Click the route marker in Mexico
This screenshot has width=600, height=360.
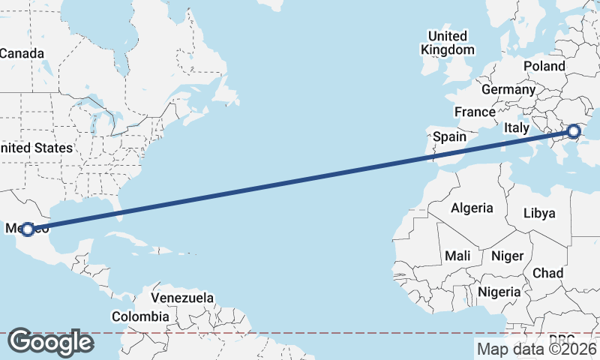point(27,229)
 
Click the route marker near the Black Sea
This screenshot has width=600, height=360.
point(574,131)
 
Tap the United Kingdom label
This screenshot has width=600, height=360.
point(448,43)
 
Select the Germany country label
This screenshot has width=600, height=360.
point(508,89)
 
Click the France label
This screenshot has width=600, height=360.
point(475,112)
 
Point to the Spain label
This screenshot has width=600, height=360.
point(450,137)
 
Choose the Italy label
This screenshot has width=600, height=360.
point(517,127)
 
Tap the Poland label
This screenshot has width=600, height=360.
point(544,66)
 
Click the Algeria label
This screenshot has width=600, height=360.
point(472,208)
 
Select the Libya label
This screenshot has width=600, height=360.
point(539,213)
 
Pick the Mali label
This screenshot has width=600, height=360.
point(457,256)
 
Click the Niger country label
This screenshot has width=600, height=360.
point(507,256)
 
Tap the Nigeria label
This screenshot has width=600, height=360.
point(499,291)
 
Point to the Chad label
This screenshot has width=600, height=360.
point(547,272)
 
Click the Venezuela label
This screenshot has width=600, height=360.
point(183,298)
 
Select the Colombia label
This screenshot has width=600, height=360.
point(140,316)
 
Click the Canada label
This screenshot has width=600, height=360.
point(22,53)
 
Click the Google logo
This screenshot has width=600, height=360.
point(50,342)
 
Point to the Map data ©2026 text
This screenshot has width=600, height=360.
point(536,349)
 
